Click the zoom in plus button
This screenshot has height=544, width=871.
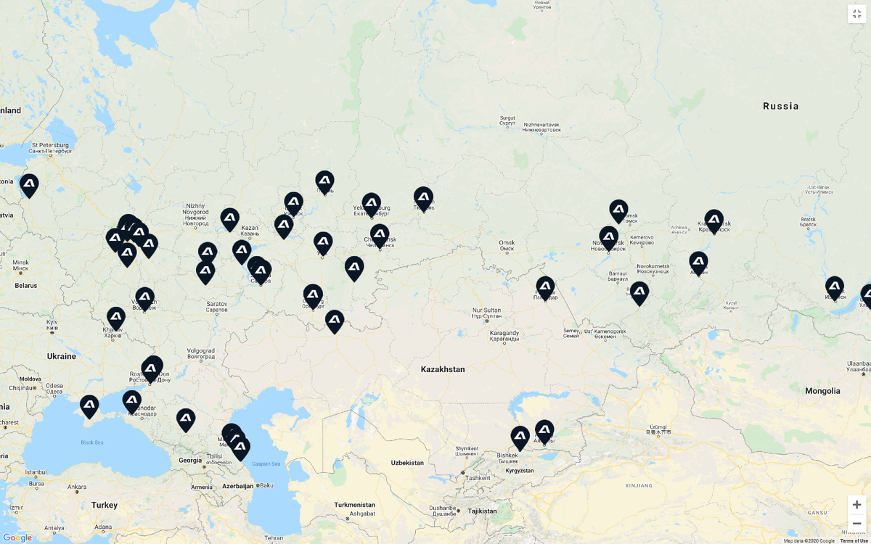pyautogui.click(x=856, y=505)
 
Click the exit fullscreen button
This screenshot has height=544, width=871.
pyautogui.click(x=856, y=14)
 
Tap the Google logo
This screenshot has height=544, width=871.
pyautogui.click(x=17, y=537)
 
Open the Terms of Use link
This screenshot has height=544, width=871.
pyautogui.click(x=855, y=540)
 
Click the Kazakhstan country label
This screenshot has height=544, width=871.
pyautogui.click(x=442, y=369)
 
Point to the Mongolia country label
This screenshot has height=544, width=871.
pyautogui.click(x=822, y=391)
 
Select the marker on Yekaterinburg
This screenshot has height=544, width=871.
pyautogui.click(x=371, y=204)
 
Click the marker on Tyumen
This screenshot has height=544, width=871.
pyautogui.click(x=423, y=197)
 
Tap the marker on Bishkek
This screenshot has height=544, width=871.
pyautogui.click(x=520, y=437)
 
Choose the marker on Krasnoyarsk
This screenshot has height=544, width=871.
pyautogui.click(x=713, y=221)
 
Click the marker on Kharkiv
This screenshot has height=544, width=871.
pyautogui.click(x=116, y=318)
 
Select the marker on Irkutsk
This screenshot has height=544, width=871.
pyautogui.click(x=834, y=287)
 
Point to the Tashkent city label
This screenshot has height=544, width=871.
pyautogui.click(x=478, y=478)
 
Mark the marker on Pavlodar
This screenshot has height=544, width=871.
pyautogui.click(x=545, y=287)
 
